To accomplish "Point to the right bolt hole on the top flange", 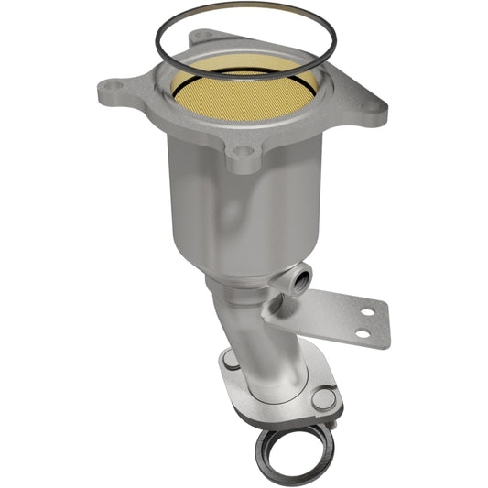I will pyautogui.click(x=368, y=106).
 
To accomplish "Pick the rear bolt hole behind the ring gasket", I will pyautogui.click(x=202, y=37).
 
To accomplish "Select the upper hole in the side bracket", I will pyautogui.click(x=366, y=312).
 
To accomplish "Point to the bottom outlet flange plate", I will pyautogui.click(x=275, y=398).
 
